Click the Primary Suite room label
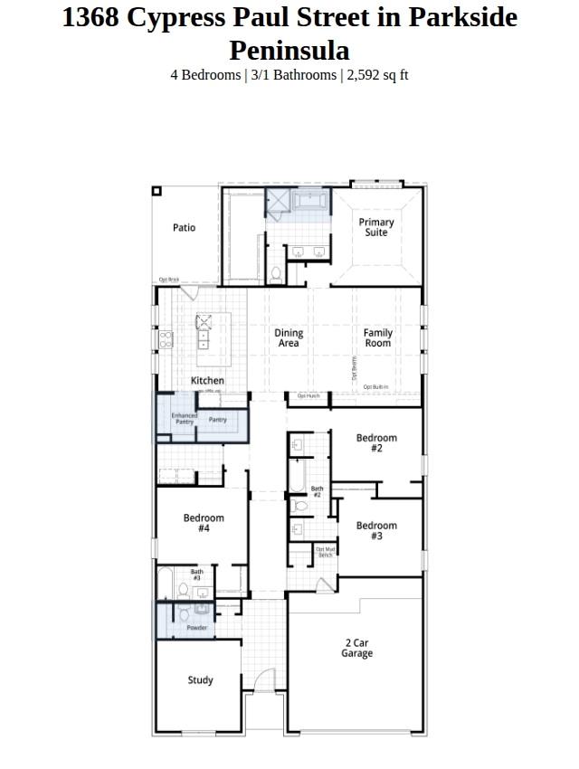376,227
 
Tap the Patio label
184,228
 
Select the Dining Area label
289,338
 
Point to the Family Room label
378,338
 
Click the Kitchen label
207,381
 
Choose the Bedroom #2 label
376,443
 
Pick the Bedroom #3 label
376,531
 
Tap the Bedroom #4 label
204,523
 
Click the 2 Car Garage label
356,648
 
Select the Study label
201,680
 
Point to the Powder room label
197,628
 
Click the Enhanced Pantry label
185,420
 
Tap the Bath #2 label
317,492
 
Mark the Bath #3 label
197,574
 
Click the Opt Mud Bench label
326,552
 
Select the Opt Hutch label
308,396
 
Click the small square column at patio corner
157,191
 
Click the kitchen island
214,332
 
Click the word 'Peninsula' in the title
289,50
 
